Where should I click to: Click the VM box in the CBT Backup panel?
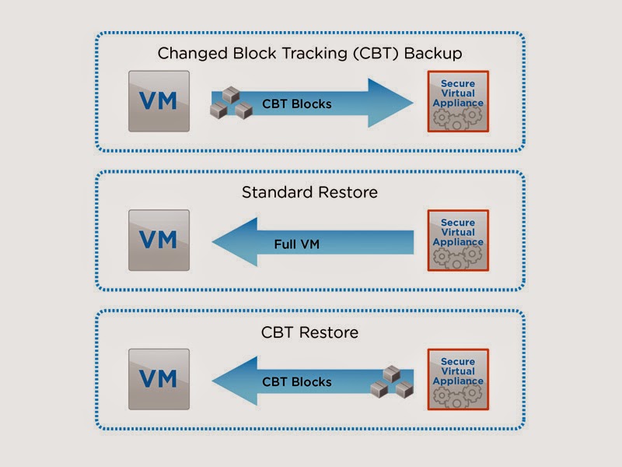point(159,101)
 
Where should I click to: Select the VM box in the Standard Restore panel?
point(159,241)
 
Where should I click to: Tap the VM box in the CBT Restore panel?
point(159,379)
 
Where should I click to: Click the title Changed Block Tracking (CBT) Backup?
point(309,54)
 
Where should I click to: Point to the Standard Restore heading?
point(309,192)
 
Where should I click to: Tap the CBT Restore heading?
point(309,332)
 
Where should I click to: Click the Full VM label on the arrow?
point(297,244)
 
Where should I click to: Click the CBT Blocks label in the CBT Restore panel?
point(297,382)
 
